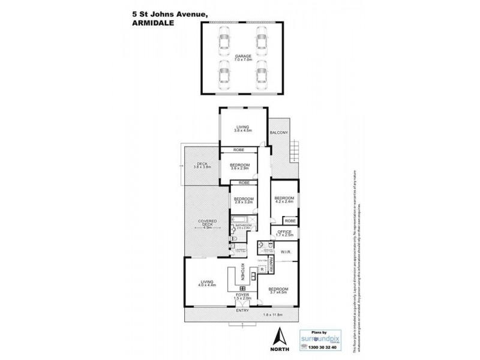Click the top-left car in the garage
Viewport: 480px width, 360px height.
224,40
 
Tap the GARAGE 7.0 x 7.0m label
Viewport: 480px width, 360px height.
243,58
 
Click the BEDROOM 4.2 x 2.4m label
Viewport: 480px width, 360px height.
284,200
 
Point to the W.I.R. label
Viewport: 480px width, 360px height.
286,252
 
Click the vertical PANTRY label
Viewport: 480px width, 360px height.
272,264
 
